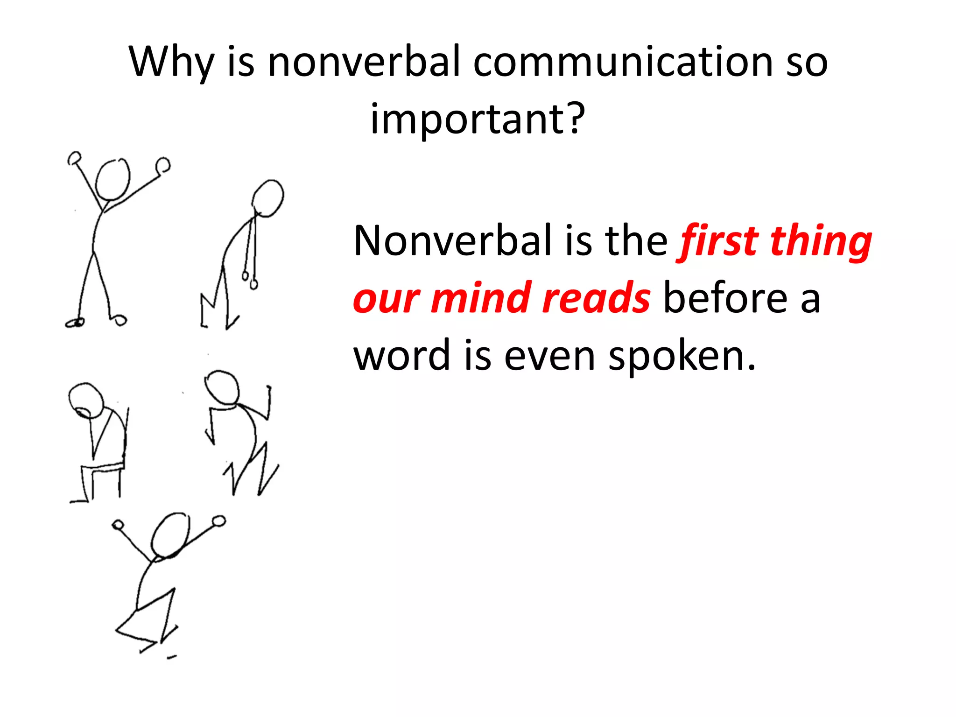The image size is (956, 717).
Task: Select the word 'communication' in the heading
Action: coord(623,62)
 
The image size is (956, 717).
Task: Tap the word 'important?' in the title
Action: coord(478,119)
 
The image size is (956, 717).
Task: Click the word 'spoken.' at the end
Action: coord(682,356)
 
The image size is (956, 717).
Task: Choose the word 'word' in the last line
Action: coord(402,356)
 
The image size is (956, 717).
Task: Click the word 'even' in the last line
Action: coord(550,356)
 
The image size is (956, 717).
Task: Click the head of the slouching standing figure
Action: coord(267,198)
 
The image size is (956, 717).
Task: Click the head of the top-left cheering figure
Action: coord(112,180)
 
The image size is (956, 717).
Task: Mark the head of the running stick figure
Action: coord(222,387)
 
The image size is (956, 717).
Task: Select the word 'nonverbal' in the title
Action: coord(364,62)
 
